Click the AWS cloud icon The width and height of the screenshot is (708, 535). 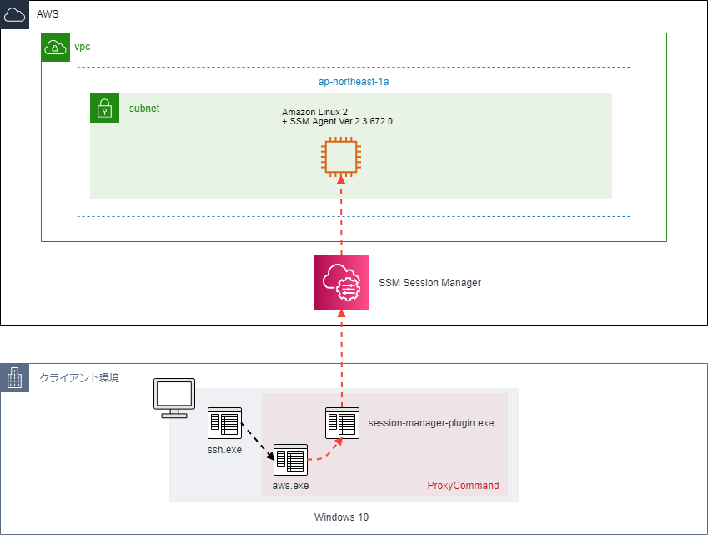14,14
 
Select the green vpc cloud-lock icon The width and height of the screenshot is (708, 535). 56,47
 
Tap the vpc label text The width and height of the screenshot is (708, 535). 83,47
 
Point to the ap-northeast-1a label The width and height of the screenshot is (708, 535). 354,81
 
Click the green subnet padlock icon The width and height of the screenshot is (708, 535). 105,108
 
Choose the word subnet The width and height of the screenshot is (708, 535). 144,108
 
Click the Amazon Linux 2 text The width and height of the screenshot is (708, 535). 314,112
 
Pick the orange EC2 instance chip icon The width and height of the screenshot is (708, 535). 341,157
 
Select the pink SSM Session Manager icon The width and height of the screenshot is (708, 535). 341,282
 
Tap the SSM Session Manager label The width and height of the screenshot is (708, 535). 429,282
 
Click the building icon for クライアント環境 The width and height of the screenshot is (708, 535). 15,378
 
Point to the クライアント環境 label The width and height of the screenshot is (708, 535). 79,378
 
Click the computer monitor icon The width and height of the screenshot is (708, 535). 174,398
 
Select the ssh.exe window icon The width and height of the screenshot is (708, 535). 224,423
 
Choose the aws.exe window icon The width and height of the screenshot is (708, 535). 290,460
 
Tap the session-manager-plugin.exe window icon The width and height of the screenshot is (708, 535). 342,423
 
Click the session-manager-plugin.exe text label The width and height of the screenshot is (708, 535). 431,423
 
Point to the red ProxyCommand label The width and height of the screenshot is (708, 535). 464,485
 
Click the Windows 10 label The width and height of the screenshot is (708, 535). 341,517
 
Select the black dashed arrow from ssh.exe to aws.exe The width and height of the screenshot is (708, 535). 258,442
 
